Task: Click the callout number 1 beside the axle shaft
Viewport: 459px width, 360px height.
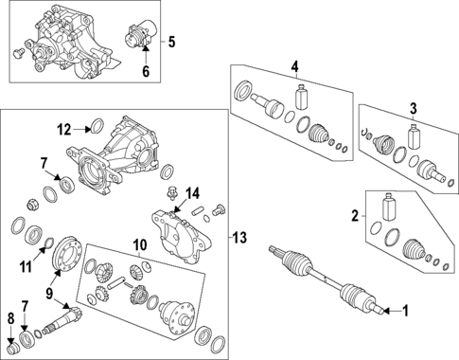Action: tap(408, 310)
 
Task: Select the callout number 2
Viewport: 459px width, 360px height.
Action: tap(355, 217)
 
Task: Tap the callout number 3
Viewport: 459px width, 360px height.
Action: tap(413, 108)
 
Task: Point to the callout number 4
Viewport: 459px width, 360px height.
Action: tap(294, 66)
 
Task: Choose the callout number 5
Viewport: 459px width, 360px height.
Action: tap(171, 42)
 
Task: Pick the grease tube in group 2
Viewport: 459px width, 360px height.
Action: tap(388, 209)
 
